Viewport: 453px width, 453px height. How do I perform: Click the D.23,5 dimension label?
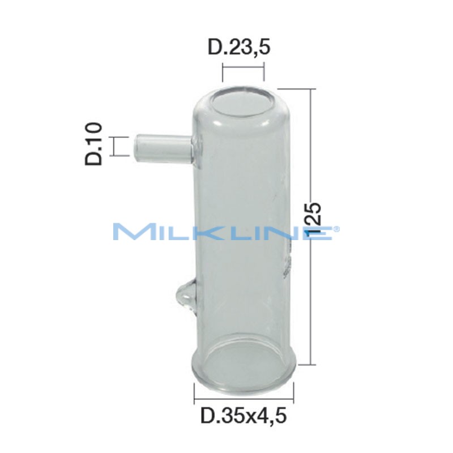[238, 48]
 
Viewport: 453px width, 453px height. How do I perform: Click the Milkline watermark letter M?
[131, 233]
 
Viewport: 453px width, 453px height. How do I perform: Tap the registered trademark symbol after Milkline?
[337, 229]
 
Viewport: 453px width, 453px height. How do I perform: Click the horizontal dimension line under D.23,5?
[243, 73]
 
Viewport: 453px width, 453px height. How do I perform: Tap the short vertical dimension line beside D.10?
[114, 146]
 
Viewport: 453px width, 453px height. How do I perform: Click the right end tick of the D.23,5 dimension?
[264, 73]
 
